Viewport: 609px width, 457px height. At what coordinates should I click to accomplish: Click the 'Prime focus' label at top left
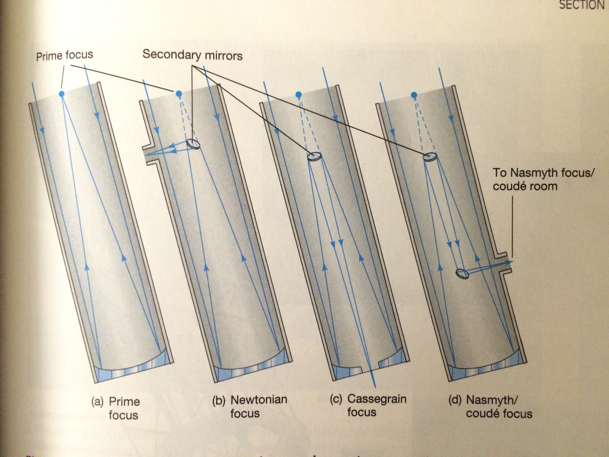[65, 56]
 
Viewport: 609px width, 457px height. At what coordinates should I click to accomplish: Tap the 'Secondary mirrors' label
[192, 55]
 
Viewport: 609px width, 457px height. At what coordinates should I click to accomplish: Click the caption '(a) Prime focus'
[116, 408]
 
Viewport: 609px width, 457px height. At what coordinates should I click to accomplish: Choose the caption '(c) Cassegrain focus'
[368, 405]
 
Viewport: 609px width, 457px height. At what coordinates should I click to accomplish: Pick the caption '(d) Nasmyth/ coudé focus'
[490, 407]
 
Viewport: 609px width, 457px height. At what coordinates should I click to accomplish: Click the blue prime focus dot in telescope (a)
[62, 94]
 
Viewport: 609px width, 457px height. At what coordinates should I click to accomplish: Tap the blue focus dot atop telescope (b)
[179, 93]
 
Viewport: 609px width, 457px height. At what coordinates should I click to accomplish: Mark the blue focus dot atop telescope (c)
[299, 95]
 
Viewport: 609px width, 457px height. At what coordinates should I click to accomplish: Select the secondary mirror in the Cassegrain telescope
[314, 156]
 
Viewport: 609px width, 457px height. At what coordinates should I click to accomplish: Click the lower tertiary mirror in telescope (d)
[462, 273]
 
